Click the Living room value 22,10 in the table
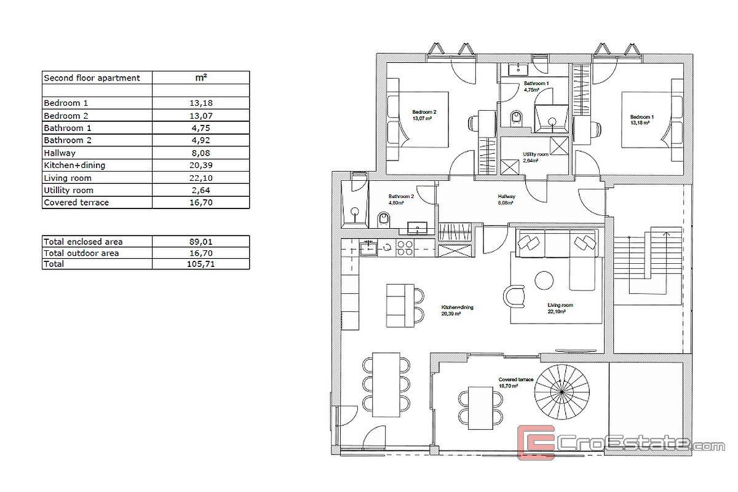[x=201, y=178]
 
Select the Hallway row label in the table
[x=60, y=153]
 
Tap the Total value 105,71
[x=200, y=264]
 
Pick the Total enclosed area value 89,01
[x=200, y=242]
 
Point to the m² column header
[x=201, y=77]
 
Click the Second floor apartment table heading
[x=92, y=77]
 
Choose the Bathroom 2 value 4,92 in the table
[x=201, y=140]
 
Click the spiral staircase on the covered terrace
[x=561, y=392]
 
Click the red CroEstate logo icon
[x=536, y=442]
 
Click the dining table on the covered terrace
[x=481, y=408]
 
